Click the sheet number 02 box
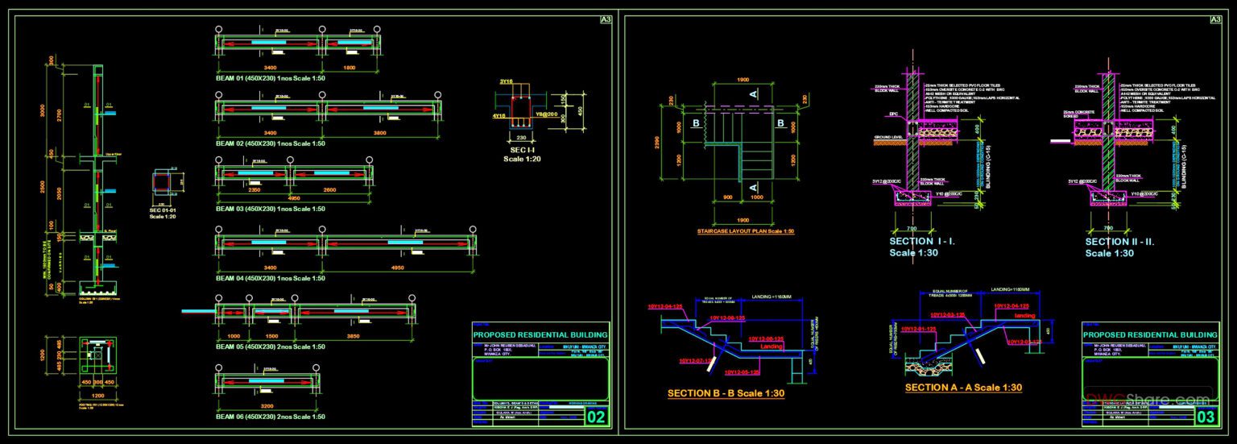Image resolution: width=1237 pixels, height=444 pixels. [x=597, y=417]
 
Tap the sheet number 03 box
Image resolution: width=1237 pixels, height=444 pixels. [x=1206, y=417]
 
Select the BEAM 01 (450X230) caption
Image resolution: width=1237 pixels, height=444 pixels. [x=270, y=78]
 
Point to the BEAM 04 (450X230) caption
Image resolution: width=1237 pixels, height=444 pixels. [x=270, y=278]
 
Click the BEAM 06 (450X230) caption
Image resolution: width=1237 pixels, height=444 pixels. [x=270, y=416]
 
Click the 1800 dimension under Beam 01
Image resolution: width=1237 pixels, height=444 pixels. [x=350, y=68]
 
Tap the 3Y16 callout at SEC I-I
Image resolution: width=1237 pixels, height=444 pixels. [x=506, y=81]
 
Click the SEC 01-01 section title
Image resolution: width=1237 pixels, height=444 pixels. [x=168, y=210]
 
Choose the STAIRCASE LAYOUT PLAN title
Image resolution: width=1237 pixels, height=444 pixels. [x=745, y=231]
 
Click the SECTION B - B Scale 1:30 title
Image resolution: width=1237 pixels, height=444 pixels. [x=726, y=393]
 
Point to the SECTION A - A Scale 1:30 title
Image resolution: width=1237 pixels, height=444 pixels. [x=963, y=388]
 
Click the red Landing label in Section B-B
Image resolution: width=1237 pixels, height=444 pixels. [x=772, y=346]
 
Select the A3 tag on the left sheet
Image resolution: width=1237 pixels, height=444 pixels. [x=606, y=20]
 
